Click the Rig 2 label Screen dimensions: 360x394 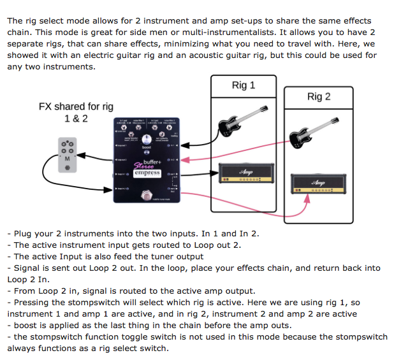point(319,97)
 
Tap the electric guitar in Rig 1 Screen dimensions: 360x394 point(242,121)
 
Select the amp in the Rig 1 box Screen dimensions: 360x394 point(246,173)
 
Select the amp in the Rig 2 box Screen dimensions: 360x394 point(317,182)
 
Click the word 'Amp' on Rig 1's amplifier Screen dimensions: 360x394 point(246,171)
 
